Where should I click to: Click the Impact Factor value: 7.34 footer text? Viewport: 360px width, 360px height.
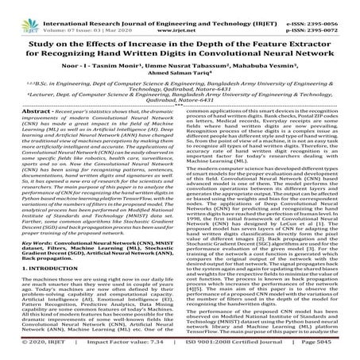(120, 354)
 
